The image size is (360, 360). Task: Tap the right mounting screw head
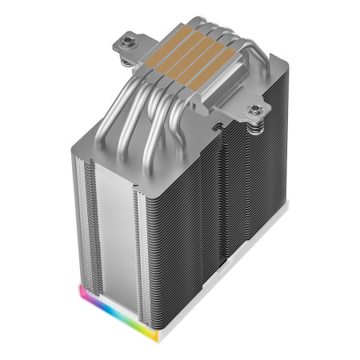(x=257, y=109)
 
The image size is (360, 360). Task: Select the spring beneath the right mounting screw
(x=255, y=121)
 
